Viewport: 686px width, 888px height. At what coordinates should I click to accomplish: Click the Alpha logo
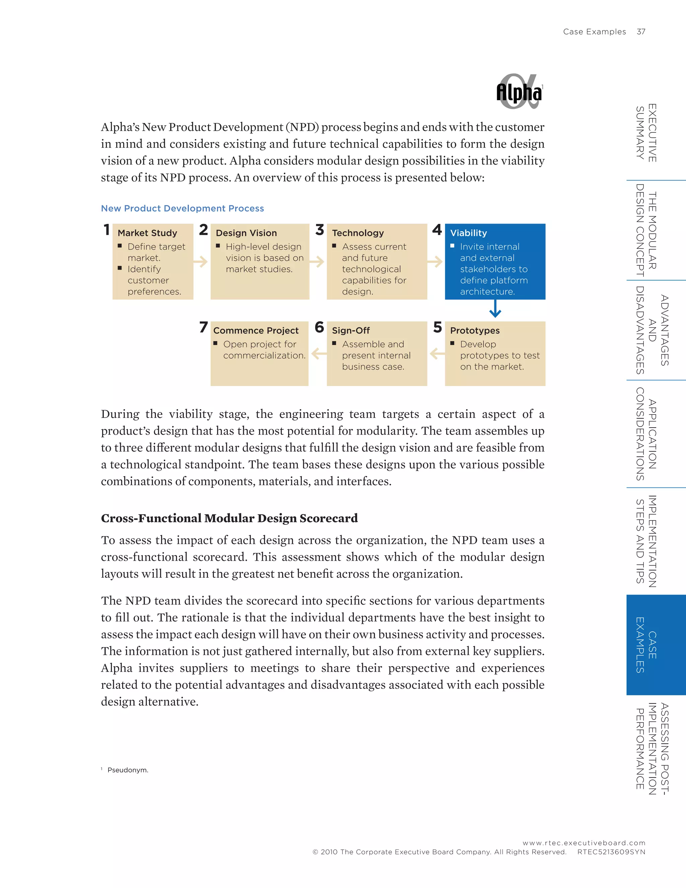click(x=519, y=92)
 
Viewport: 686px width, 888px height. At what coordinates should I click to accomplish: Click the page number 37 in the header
click(x=641, y=32)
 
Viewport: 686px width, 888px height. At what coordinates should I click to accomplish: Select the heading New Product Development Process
click(x=183, y=208)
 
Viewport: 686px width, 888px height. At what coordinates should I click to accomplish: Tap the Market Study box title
click(x=147, y=233)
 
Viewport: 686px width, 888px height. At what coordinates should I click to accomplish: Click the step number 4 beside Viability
click(x=437, y=230)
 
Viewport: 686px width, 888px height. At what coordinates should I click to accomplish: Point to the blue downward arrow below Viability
click(x=495, y=309)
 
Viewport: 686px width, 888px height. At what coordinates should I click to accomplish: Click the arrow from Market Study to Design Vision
click(x=201, y=261)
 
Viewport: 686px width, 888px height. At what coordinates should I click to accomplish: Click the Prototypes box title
click(x=475, y=330)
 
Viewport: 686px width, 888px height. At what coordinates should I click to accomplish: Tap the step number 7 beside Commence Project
click(x=204, y=327)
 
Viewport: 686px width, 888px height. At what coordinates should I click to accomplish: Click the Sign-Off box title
click(x=351, y=330)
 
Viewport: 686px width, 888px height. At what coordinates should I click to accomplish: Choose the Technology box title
click(x=358, y=233)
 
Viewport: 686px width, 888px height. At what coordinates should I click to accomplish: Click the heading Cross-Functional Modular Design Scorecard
click(x=229, y=518)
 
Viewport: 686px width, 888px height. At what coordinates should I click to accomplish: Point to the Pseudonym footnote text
click(x=128, y=770)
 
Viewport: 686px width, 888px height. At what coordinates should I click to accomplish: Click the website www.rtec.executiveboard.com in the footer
click(x=584, y=843)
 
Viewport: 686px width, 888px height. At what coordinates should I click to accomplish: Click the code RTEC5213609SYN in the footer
click(x=611, y=852)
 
